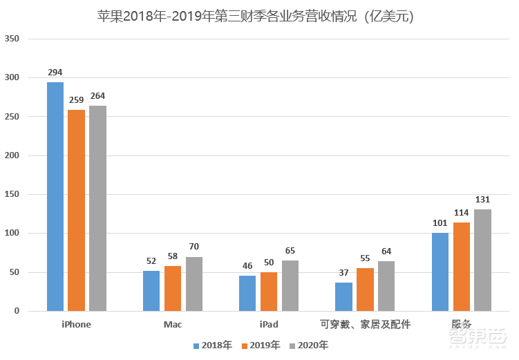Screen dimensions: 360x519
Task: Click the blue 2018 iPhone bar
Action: [55, 197]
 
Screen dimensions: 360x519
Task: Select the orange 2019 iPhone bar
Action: [76, 210]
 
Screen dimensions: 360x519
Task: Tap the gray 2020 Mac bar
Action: [194, 284]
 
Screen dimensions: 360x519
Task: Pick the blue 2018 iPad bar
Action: [247, 293]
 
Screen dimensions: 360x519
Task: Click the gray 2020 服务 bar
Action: [482, 260]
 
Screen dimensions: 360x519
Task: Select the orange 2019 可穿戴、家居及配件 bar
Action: [365, 290]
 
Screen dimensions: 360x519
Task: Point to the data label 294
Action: [55, 73]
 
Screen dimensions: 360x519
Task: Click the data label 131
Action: [482, 200]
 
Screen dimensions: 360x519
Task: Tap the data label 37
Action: [343, 273]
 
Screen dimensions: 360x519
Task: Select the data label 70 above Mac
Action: [194, 247]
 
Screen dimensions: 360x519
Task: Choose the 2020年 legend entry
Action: [308, 345]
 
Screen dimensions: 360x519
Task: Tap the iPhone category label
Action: [76, 324]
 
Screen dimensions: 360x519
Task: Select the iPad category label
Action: [269, 324]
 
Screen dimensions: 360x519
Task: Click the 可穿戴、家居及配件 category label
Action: [365, 324]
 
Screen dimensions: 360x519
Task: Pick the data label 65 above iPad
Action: [290, 251]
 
